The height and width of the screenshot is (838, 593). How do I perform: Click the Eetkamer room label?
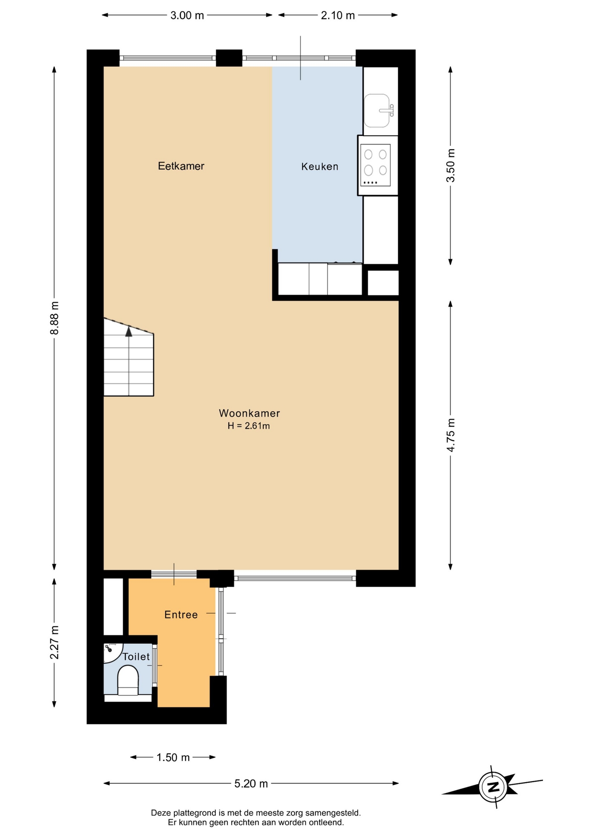coord(181,166)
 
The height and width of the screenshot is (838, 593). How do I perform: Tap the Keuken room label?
coord(320,166)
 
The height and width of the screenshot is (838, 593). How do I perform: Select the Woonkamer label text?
coord(249,413)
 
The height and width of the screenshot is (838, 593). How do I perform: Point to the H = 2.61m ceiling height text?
coord(248,426)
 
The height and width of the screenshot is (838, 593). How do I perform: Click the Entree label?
coord(181,615)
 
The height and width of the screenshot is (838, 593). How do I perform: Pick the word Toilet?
coord(136,656)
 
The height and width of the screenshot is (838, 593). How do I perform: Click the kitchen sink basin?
coord(377,110)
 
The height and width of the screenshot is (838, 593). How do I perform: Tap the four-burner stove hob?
coord(376,165)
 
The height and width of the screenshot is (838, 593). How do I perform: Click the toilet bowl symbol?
coord(128,680)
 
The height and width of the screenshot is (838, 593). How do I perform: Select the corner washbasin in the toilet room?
coord(111,650)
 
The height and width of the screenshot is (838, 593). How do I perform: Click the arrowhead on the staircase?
coord(129,331)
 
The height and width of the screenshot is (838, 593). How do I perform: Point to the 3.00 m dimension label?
coord(187,15)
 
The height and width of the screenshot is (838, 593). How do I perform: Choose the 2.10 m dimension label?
coord(338,15)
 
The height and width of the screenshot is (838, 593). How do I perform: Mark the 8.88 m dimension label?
coord(54,318)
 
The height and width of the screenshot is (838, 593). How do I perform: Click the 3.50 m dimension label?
coord(450,165)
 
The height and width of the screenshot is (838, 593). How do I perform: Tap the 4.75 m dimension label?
coord(450,435)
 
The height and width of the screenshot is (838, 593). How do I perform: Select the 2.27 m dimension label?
coord(54,642)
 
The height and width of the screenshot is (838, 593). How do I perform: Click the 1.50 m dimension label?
coord(173,757)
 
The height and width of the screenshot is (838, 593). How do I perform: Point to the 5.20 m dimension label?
coord(251,783)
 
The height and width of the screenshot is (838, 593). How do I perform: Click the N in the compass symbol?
coord(493,787)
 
